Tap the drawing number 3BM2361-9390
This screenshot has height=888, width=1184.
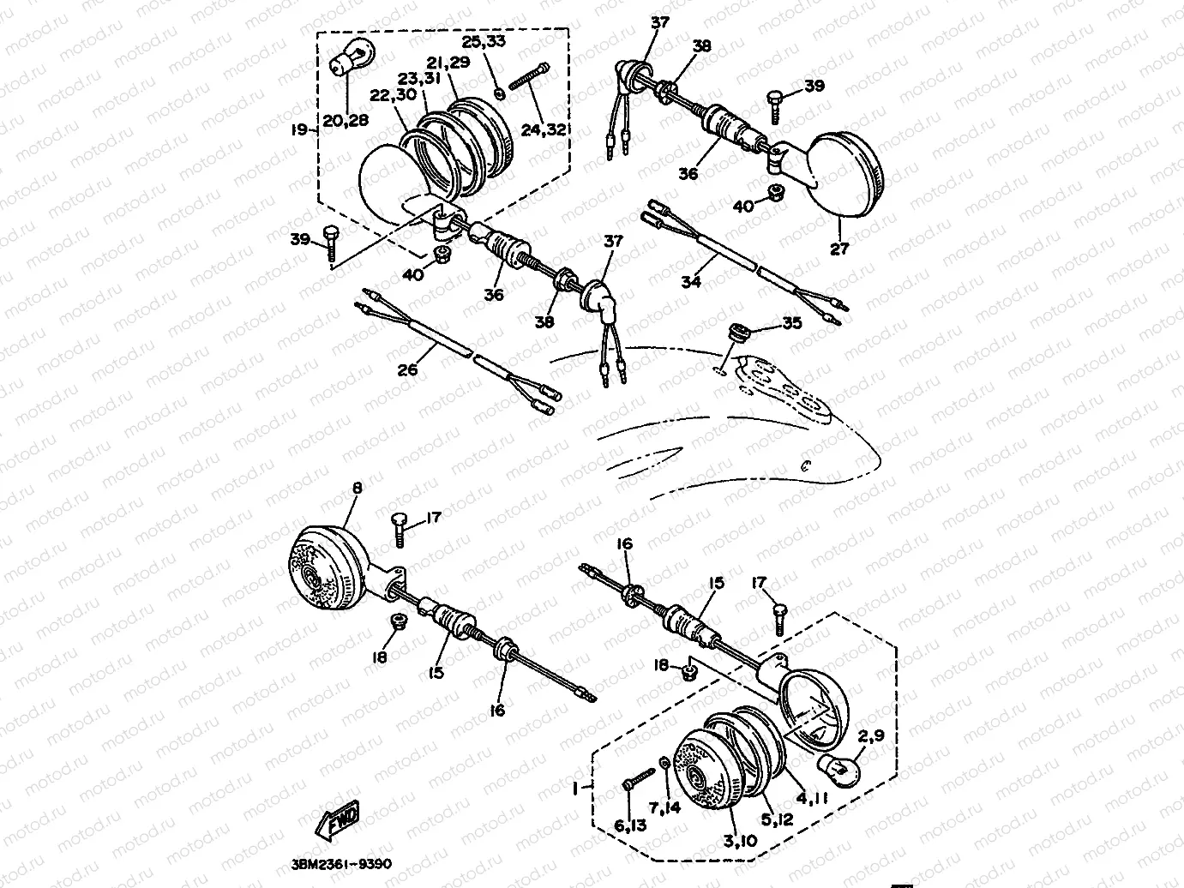pos(341,865)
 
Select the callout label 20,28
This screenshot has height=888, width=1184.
pos(346,120)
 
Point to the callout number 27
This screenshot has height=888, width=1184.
pos(839,249)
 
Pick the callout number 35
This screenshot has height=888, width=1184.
pos(792,323)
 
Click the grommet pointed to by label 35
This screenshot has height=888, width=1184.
pos(736,331)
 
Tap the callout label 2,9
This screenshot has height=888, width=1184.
pos(870,735)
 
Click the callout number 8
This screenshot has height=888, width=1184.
pos(358,488)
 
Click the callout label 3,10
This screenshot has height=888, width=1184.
pos(740,841)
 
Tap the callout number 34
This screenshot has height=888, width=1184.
pos(691,281)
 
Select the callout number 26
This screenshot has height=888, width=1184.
pos(407,370)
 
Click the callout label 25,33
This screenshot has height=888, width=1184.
pos(484,41)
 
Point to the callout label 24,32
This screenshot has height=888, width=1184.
pos(544,129)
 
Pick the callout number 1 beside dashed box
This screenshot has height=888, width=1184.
pos(575,789)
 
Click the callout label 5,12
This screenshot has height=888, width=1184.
pos(778,819)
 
